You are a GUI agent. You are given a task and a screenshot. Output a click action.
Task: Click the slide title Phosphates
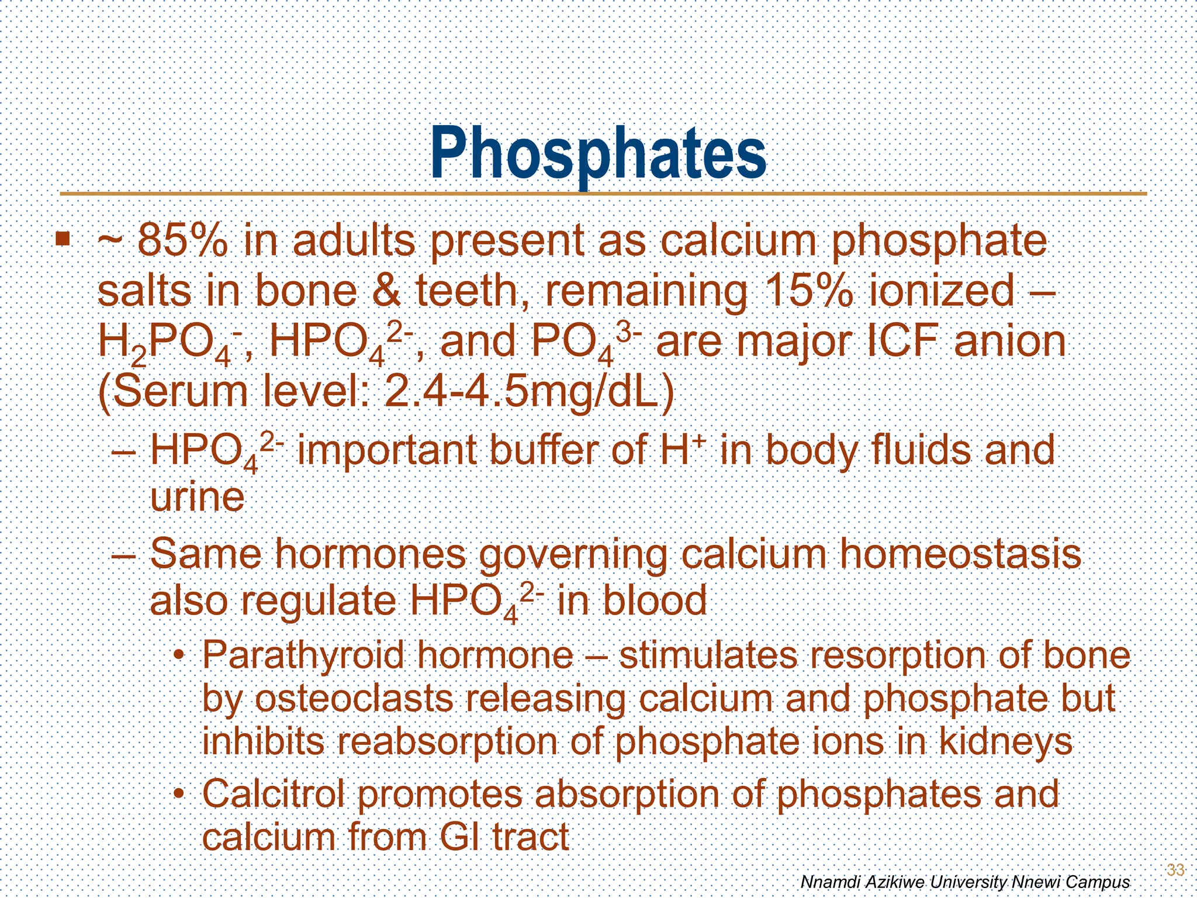[598, 153]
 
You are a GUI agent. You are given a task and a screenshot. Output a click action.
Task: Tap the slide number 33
[1175, 869]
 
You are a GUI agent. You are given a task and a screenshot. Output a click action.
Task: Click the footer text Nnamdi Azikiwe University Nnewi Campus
[964, 881]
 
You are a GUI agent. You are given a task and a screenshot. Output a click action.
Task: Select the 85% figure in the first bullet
[182, 241]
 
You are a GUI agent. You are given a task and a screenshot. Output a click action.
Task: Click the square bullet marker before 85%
[63, 239]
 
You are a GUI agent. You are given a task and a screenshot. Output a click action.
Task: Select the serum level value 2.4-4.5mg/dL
[530, 392]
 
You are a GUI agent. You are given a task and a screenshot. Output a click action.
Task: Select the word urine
[197, 498]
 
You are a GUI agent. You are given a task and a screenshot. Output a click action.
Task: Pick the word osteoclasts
[354, 698]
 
